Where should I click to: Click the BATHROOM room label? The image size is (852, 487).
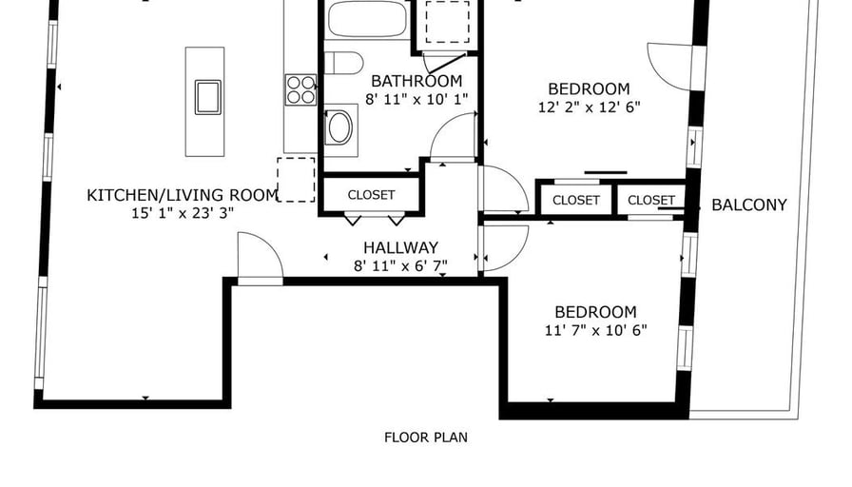(416, 81)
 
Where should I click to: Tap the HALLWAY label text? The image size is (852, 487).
(400, 248)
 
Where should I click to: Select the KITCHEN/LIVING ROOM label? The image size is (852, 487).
(183, 195)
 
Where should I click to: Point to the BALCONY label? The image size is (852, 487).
(748, 205)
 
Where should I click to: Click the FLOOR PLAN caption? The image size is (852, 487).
(425, 438)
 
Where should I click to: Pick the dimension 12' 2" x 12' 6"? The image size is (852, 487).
(589, 107)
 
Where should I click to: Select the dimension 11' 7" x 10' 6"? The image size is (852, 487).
(595, 330)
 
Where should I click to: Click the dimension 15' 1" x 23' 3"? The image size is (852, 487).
(183, 213)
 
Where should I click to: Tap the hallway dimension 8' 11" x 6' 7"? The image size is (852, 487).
(400, 265)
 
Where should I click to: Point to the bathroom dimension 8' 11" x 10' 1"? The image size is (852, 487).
(416, 100)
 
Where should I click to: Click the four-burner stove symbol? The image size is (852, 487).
(301, 89)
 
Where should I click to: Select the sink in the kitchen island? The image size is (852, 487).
(208, 97)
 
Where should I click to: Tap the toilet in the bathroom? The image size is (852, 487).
(344, 63)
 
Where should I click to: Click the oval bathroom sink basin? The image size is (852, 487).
(340, 127)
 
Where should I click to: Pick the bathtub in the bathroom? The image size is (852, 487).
(367, 19)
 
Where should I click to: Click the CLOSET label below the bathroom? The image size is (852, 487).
(371, 195)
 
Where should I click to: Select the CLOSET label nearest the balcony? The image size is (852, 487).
(651, 201)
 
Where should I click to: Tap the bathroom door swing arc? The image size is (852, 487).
(441, 127)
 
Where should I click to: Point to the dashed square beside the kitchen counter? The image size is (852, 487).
(296, 180)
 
